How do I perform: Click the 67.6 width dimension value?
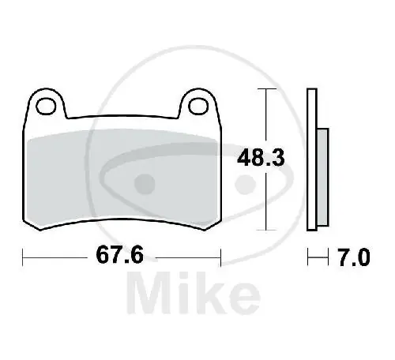120,254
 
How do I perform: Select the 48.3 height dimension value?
261,158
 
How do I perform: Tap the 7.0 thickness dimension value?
354,257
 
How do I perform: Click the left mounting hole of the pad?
46,107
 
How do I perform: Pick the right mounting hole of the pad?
198,106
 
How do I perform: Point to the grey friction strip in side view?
323,177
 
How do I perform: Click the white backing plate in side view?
312,159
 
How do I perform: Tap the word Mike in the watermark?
194,293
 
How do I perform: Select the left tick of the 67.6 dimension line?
23,257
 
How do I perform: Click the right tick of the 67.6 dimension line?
220,257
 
